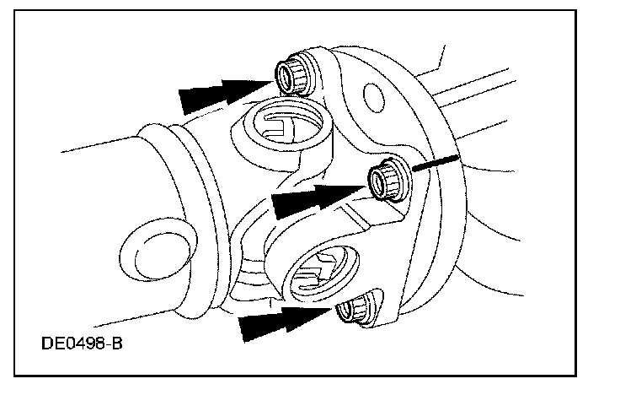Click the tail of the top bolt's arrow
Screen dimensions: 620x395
(x=190, y=100)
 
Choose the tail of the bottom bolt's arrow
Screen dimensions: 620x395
(x=249, y=328)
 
